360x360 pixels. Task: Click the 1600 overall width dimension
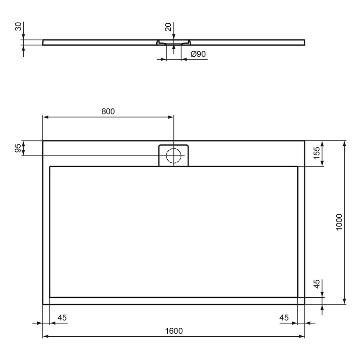(174, 331)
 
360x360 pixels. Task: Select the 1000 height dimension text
(339, 222)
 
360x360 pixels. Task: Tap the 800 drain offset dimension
(108, 111)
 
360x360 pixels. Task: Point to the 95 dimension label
(18, 148)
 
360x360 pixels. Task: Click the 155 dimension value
(316, 153)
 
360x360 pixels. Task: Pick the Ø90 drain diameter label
(198, 54)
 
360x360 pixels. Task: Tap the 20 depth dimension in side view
(168, 27)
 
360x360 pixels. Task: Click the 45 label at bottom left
(62, 318)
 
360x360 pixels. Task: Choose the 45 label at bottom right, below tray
(284, 318)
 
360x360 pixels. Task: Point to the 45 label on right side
(316, 285)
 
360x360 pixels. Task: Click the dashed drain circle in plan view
(174, 156)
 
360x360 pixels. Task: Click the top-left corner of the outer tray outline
(43, 141)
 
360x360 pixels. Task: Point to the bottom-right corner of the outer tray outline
(305, 304)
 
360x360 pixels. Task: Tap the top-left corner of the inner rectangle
(50, 167)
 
